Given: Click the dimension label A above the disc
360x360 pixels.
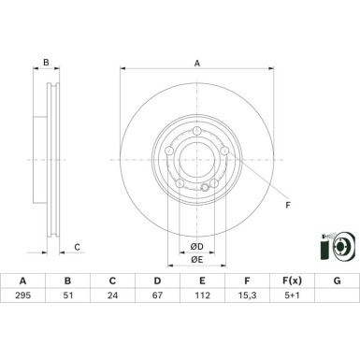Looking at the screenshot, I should point(197,63).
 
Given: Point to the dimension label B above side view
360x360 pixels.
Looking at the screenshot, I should point(46,63).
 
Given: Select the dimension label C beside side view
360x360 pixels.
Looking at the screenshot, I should point(78,247).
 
